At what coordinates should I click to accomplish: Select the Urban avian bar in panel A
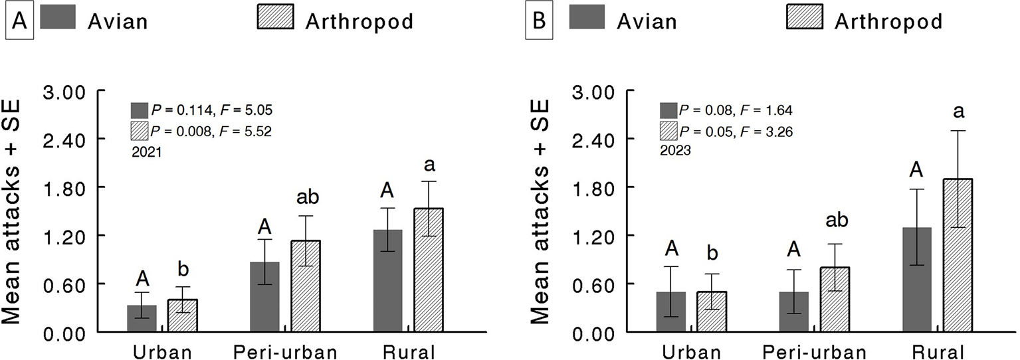(x=142, y=318)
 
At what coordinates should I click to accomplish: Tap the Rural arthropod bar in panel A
(x=429, y=270)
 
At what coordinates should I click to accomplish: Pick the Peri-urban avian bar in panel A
(x=264, y=296)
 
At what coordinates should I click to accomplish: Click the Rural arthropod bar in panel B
(x=958, y=255)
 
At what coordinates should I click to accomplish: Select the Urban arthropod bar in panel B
(x=711, y=312)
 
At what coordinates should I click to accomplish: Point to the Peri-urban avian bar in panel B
(x=793, y=312)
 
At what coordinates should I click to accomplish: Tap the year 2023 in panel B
(x=675, y=151)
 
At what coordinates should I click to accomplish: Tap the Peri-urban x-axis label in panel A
(x=285, y=351)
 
